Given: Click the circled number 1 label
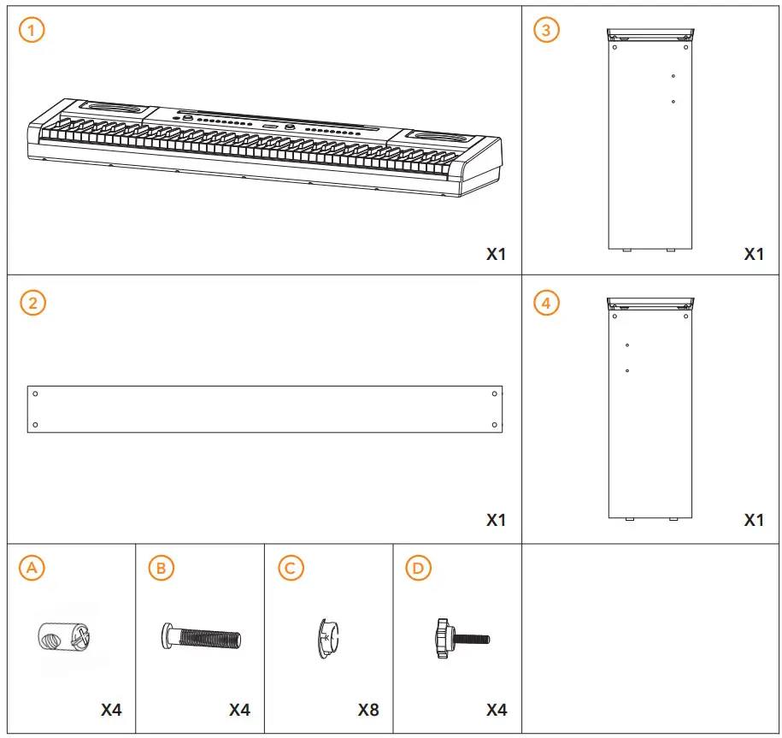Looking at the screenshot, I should [32, 31].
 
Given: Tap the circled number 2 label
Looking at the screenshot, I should [32, 303].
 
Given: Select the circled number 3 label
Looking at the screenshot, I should [546, 31].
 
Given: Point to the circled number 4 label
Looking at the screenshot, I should [546, 303].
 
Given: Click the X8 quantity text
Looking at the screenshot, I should [368, 710].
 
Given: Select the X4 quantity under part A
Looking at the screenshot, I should [111, 710].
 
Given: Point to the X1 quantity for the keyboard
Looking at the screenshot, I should [497, 254].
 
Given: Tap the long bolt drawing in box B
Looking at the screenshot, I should [202, 637].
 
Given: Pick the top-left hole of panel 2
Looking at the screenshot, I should [35, 393].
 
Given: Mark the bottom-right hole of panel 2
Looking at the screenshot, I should [495, 424].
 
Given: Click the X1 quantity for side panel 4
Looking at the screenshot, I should [754, 520].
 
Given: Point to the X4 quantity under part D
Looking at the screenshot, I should [497, 710].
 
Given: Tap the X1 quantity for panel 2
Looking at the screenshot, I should [497, 520].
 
